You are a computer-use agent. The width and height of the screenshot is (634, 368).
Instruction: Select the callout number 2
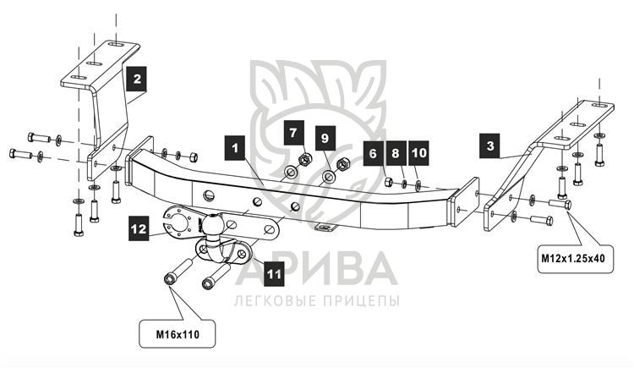click(x=136, y=80)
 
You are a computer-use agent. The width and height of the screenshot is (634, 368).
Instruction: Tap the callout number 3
click(x=489, y=145)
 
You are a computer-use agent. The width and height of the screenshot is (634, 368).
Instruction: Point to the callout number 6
click(x=373, y=152)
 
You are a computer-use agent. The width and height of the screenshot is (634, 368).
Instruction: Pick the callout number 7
click(x=292, y=133)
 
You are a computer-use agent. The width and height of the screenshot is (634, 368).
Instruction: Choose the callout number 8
click(x=396, y=152)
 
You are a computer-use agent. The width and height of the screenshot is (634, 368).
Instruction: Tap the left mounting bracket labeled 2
click(x=101, y=102)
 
